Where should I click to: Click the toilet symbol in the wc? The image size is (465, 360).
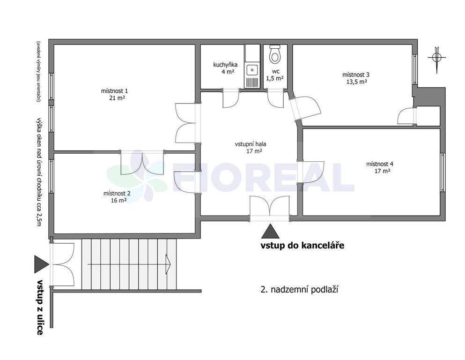[275, 54]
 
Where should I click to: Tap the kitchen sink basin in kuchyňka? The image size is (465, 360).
[252, 70]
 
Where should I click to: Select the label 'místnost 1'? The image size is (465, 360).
[114, 91]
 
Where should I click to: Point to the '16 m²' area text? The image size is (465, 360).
[118, 200]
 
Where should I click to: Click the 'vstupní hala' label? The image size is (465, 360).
[251, 144]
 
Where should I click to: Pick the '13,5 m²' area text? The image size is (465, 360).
[357, 82]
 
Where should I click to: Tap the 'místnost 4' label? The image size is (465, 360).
[380, 164]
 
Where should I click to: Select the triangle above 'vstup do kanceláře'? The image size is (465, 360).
[270, 231]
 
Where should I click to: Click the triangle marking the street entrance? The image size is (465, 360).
[41, 264]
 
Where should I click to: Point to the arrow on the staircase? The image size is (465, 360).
[129, 264]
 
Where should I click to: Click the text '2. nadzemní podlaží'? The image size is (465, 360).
[300, 289]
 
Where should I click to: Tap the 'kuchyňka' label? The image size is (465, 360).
[225, 65]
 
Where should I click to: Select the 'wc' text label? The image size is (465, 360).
[276, 72]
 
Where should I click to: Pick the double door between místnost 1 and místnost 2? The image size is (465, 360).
[142, 163]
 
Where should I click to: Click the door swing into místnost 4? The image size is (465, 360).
[311, 172]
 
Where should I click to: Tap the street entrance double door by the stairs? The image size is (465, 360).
[62, 264]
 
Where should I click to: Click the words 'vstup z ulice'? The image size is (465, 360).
[40, 307]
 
